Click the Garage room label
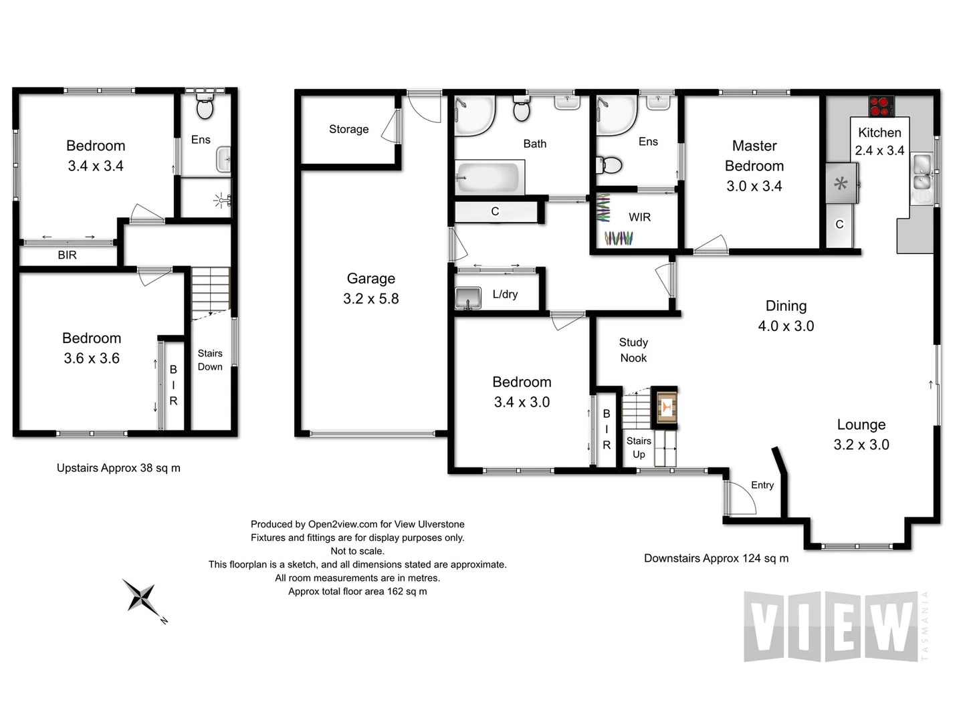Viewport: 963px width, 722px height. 370,279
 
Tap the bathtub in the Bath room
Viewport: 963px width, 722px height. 489,178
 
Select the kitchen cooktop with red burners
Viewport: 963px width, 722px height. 881,106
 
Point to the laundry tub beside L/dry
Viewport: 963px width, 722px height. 468,297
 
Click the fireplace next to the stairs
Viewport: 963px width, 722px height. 665,406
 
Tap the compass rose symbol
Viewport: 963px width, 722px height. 142,597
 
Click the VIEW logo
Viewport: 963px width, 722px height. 831,626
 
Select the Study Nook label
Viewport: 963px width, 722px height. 633,350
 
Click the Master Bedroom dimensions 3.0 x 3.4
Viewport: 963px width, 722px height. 754,187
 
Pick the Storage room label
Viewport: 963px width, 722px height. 348,129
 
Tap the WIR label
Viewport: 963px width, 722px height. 639,217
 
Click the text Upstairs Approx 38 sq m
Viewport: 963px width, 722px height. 118,468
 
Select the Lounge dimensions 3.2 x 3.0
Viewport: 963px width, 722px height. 861,445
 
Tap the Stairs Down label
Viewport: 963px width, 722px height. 210,360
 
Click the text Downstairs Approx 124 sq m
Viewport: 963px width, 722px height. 716,558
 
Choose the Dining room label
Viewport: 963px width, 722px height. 786,306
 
